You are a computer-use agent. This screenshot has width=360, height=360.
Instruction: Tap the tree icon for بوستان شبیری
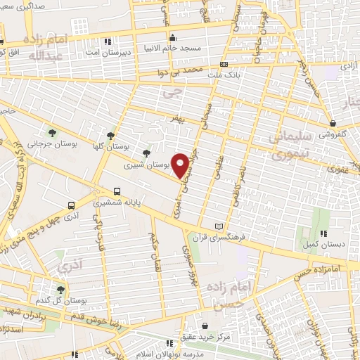(x=146, y=153)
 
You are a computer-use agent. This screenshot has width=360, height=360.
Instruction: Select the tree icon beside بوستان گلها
(x=110, y=136)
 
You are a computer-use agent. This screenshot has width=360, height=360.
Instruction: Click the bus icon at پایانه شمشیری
(x=116, y=191)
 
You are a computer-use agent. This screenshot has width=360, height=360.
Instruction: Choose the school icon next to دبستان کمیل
(x=323, y=234)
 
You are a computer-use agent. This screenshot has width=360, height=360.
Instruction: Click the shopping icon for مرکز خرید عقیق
(x=204, y=326)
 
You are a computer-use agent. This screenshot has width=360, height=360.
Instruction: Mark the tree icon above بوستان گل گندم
(x=60, y=289)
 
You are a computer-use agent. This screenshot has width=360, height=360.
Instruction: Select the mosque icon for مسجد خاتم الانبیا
(x=171, y=37)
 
